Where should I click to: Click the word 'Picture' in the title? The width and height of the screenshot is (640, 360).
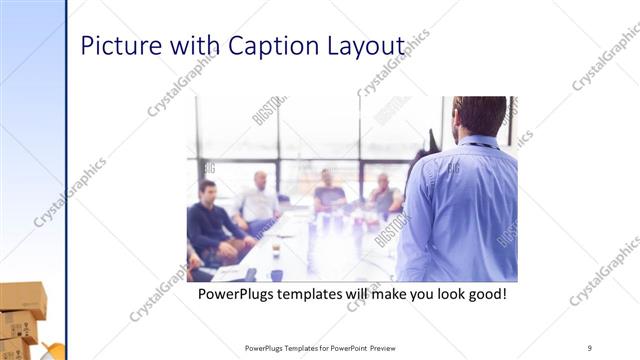pos(117,47)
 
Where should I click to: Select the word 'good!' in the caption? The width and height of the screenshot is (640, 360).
pos(483,295)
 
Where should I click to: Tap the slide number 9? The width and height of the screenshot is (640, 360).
pos(590,347)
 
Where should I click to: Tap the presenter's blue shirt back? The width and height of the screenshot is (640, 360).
pos(460,210)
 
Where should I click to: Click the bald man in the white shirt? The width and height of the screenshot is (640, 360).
pos(259,200)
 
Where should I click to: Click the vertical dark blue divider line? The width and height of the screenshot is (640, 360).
pos(66,180)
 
